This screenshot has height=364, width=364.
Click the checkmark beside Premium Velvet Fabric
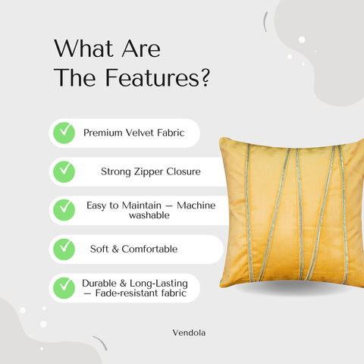[x=64, y=133]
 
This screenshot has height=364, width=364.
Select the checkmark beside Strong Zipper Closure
[x=64, y=171]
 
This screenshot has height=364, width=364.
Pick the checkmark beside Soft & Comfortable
[x=64, y=248]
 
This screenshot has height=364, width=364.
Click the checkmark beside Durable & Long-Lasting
[x=64, y=287]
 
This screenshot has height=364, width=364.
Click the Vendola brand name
[x=189, y=331]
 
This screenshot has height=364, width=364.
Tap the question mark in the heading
[x=204, y=79]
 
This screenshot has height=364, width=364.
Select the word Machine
[x=196, y=206]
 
